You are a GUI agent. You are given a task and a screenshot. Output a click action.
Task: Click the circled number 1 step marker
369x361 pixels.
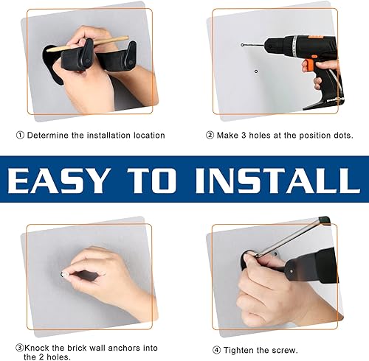(21, 136)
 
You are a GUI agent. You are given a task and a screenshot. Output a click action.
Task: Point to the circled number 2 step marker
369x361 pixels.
(210, 136)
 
